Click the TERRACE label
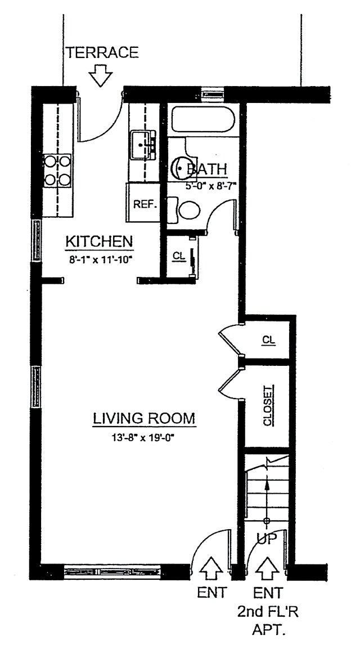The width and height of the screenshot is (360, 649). tap(102, 53)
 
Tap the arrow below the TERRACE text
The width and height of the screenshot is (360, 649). tap(102, 75)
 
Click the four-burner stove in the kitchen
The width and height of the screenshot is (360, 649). tap(58, 171)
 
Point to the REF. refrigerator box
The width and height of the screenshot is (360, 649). tap(144, 204)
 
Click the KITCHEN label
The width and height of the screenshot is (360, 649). tap(100, 241)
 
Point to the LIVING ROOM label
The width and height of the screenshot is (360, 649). tap(144, 419)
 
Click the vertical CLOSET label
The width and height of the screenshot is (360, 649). tap(268, 405)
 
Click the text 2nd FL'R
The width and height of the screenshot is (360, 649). tap(268, 611)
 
